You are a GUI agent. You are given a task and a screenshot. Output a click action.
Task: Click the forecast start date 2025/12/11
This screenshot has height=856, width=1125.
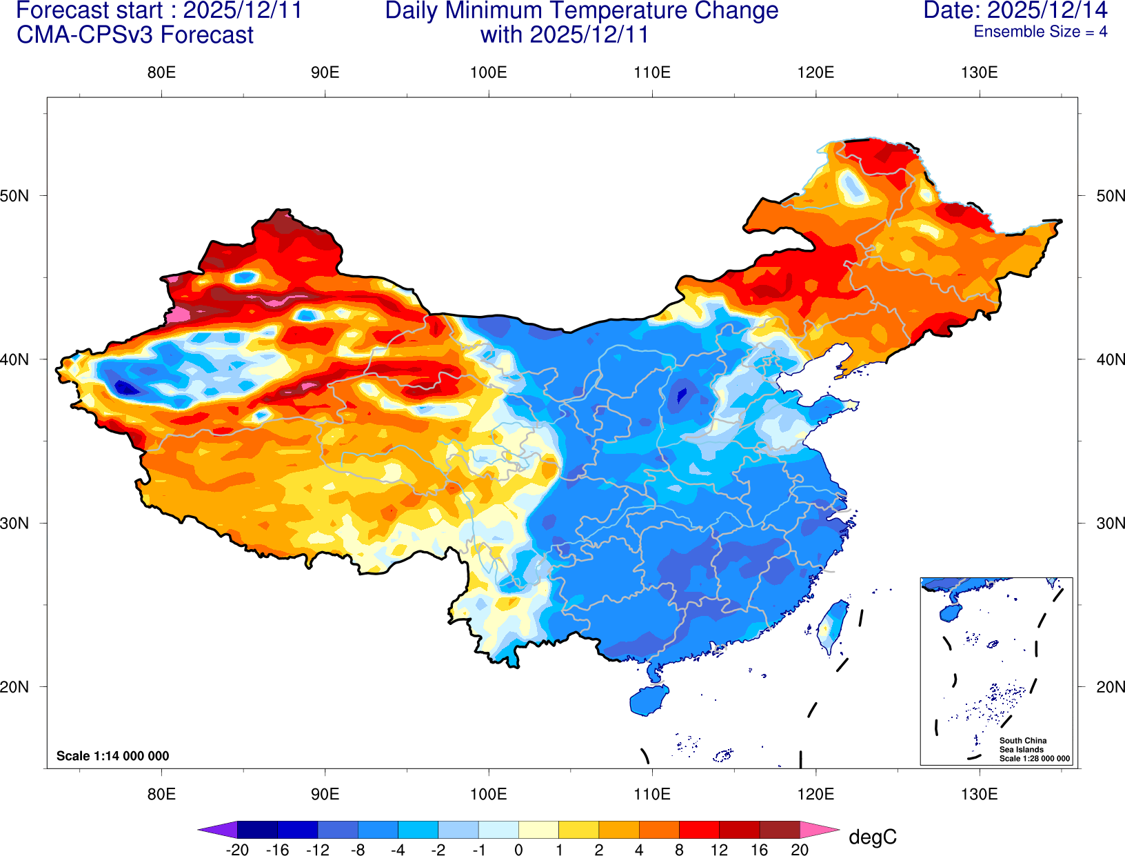[x=242, y=10]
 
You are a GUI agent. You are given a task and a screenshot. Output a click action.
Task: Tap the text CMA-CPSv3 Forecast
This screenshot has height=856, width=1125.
[x=135, y=35]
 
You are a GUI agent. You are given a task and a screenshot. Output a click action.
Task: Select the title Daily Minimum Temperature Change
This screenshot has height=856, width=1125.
[x=582, y=10]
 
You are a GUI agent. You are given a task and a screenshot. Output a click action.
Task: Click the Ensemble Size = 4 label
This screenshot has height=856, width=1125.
[x=1040, y=32]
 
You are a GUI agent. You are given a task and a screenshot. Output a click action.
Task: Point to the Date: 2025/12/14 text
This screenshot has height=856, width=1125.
[x=1015, y=10]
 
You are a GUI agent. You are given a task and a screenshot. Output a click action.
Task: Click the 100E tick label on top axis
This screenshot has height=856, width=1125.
[x=488, y=72]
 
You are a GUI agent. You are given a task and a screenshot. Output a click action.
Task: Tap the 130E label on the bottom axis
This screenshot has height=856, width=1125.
[x=979, y=794]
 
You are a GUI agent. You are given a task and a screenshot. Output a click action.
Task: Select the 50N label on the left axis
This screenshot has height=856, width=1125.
[x=15, y=195]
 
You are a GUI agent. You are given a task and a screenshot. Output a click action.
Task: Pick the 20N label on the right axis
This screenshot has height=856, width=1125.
[x=1110, y=687]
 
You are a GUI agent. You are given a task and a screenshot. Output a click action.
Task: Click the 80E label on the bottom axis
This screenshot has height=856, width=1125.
[x=161, y=794]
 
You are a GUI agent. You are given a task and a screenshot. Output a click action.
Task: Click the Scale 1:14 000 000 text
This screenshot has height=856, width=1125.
[x=112, y=756]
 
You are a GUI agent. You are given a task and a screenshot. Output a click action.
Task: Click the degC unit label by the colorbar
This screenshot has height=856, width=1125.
[x=872, y=837]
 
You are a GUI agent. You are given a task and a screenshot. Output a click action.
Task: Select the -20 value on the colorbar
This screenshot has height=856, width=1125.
[x=237, y=850]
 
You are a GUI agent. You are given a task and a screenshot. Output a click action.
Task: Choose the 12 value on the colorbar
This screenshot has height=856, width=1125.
[x=719, y=850]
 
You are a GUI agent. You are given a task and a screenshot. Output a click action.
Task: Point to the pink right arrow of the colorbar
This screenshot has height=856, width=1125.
[x=820, y=830]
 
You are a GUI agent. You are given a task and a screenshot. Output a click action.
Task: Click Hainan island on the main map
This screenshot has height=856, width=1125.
[x=649, y=701]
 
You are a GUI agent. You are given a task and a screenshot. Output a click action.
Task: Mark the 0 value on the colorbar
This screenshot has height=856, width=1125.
[x=518, y=850]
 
